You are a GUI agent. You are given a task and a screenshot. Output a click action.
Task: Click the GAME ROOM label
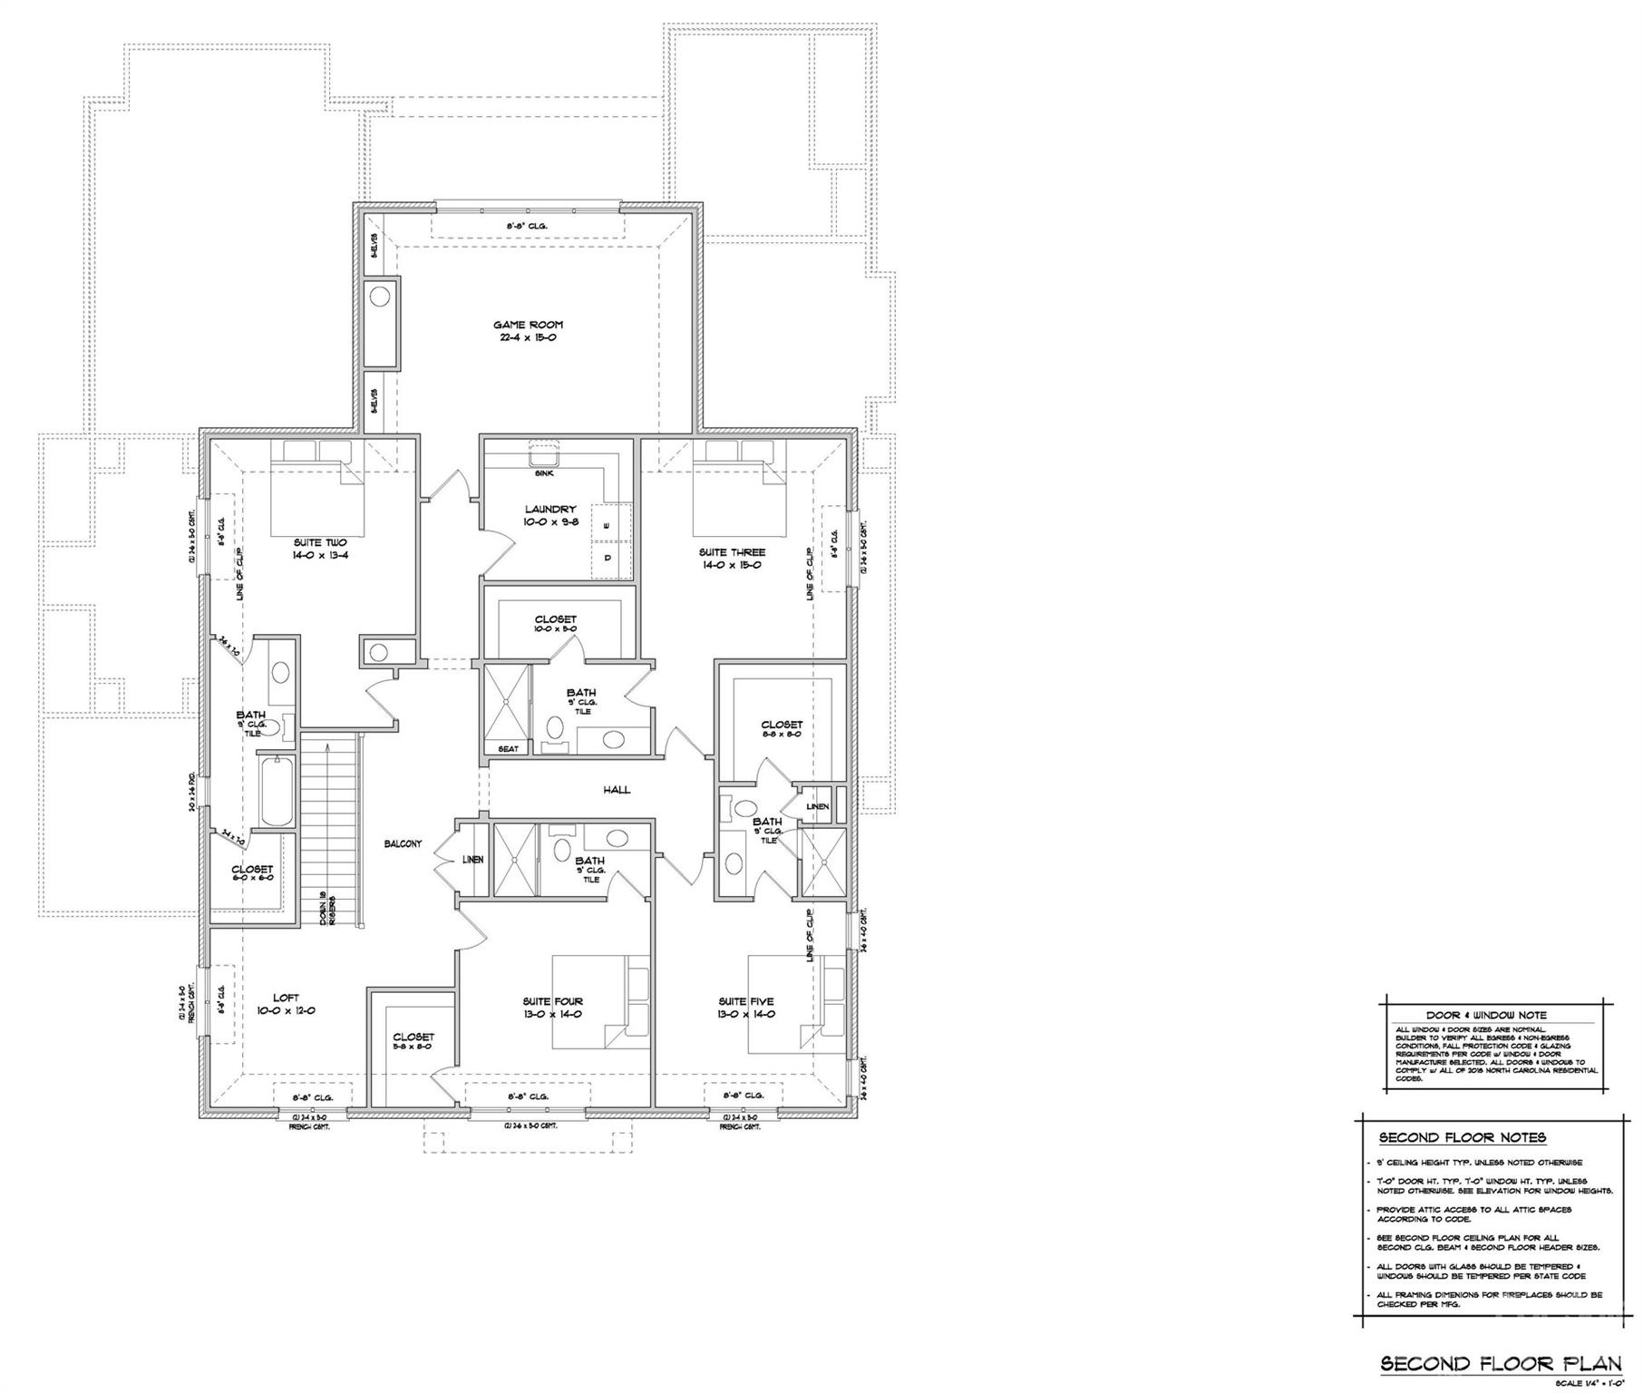coord(528,325)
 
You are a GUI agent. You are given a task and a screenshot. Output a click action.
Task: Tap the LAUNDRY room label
coord(549,510)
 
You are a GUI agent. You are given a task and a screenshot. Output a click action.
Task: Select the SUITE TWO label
coord(319,543)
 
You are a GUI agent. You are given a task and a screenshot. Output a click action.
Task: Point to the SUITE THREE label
coord(732,552)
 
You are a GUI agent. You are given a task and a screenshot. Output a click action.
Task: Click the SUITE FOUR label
coord(552,1002)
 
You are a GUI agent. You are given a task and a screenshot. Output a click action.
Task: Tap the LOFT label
coord(286,998)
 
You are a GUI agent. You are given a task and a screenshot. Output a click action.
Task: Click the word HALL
coord(617,790)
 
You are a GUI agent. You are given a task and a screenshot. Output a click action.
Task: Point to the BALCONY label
coord(403,843)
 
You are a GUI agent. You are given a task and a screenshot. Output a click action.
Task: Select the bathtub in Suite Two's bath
coord(276,791)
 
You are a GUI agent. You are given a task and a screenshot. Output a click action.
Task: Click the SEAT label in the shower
coord(509,748)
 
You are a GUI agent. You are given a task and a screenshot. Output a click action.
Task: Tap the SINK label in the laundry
coord(546,472)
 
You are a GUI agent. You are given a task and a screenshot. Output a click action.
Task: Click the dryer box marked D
coord(608,558)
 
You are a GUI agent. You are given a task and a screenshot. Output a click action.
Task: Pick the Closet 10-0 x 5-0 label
coord(555,620)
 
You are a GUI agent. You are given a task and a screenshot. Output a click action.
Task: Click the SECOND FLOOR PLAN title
coord(1500,1363)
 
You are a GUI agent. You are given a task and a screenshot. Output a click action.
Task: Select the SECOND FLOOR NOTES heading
coord(1462,1137)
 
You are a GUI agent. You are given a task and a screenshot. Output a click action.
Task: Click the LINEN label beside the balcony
coord(473,859)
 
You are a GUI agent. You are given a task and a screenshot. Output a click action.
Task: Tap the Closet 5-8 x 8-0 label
coord(413,1037)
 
